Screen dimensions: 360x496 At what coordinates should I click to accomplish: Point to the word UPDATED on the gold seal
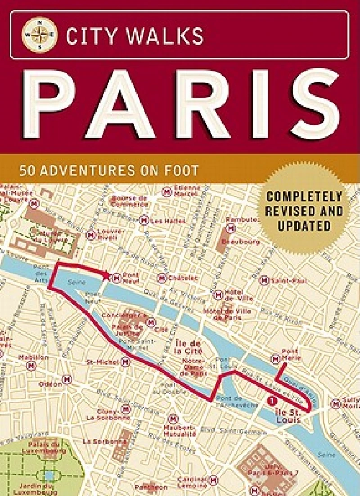tap(304, 225)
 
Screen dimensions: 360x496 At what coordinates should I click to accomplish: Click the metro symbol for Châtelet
tap(161, 278)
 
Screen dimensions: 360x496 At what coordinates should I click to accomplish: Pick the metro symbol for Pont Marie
tap(275, 358)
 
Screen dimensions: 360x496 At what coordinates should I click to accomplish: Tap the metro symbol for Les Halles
tap(144, 220)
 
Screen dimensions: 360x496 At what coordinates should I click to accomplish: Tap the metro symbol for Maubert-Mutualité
tap(171, 418)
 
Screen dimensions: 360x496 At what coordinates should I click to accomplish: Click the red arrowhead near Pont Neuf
tap(106, 275)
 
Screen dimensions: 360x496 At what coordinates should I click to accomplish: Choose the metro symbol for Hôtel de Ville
tap(218, 295)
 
